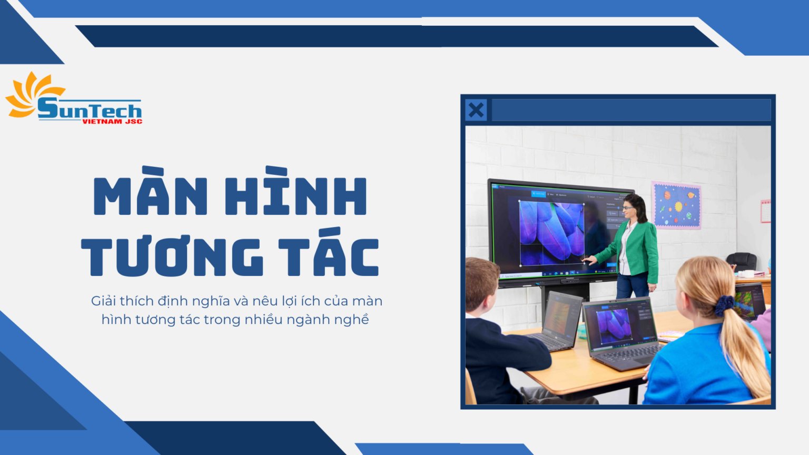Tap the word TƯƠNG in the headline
pyautogui.click(x=172, y=257)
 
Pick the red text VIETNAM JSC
pyautogui.click(x=112, y=122)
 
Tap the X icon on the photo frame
pyautogui.click(x=476, y=110)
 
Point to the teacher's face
pyautogui.click(x=629, y=207)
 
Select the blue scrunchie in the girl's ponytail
pyautogui.click(x=724, y=305)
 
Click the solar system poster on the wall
pyautogui.click(x=676, y=205)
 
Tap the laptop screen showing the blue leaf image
pyautogui.click(x=615, y=324)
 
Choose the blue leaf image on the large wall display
pyautogui.click(x=551, y=232)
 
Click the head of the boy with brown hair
pyautogui.click(x=480, y=284)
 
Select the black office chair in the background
pyautogui.click(x=742, y=261)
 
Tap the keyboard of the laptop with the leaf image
pyautogui.click(x=629, y=355)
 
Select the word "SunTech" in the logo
pyautogui.click(x=90, y=110)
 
